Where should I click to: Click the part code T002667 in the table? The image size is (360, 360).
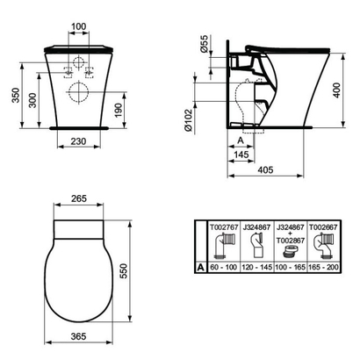tap(330, 227)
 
